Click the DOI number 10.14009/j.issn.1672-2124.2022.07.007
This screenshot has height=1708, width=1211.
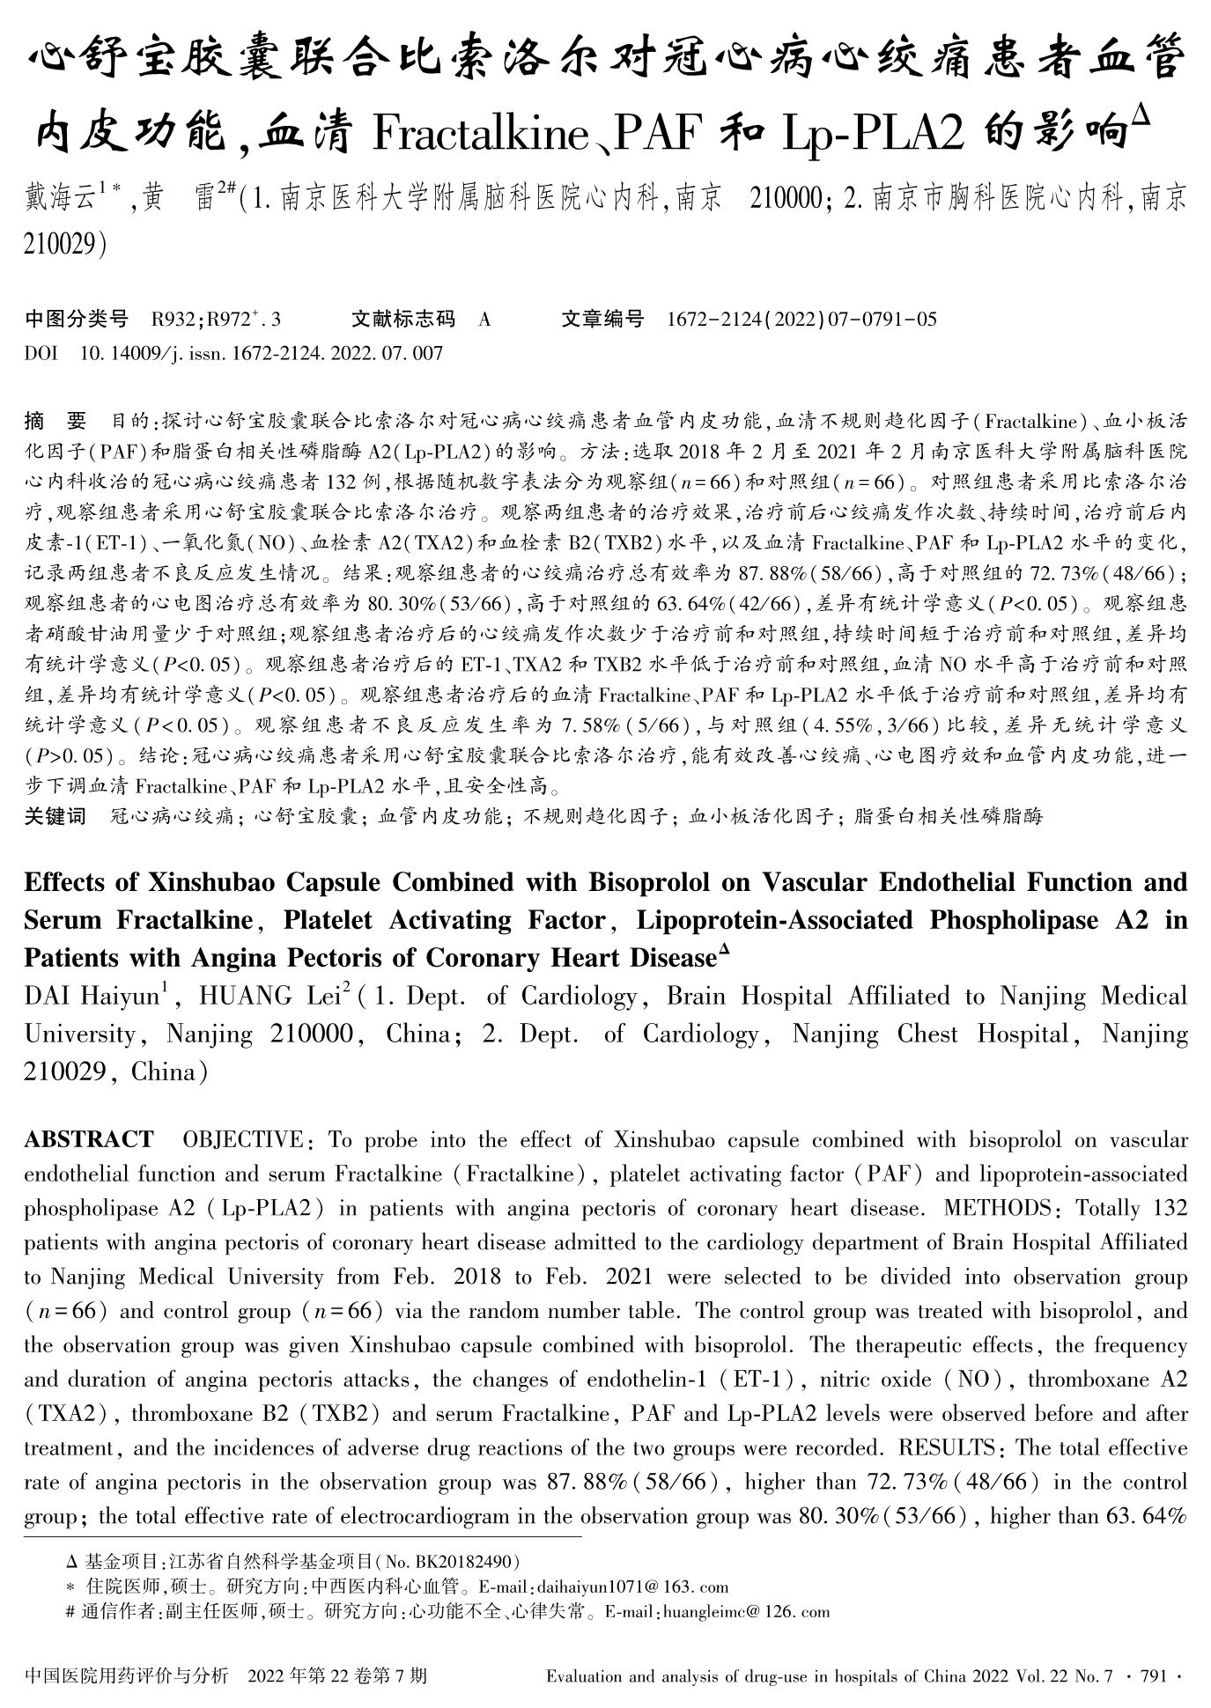[261, 354]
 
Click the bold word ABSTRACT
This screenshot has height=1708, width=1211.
[89, 1140]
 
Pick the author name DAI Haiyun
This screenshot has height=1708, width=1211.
[92, 997]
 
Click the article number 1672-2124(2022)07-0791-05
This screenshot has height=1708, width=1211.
[802, 320]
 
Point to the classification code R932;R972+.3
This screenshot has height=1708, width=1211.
[216, 320]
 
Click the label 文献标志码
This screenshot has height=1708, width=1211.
[402, 320]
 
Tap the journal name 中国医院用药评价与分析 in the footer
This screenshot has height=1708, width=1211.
[127, 1676]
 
